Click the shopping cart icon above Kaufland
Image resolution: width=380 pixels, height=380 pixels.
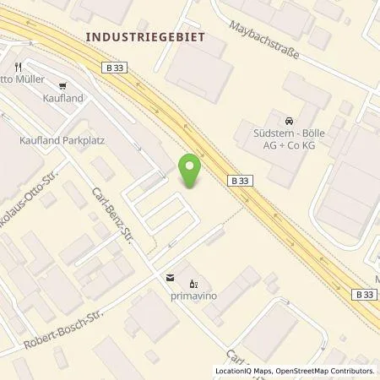(62, 85)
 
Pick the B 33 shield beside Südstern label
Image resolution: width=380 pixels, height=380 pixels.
(239, 179)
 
